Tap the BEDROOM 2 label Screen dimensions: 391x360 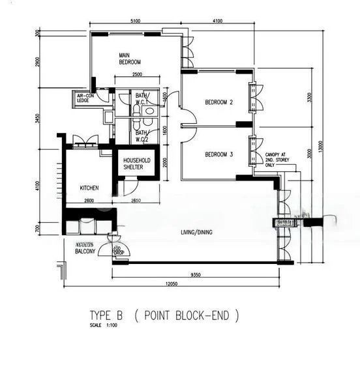[x=219, y=102]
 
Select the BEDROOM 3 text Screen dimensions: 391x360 [x=219, y=154]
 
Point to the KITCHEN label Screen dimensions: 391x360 [x=89, y=187]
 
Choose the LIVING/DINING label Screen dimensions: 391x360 [x=201, y=232]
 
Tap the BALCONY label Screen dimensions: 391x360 [x=85, y=250]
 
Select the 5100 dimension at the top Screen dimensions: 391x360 [x=135, y=22]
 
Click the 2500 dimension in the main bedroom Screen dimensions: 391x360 [x=137, y=75]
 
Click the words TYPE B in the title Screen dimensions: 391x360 [x=108, y=316]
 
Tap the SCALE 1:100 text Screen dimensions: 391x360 [x=105, y=326]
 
